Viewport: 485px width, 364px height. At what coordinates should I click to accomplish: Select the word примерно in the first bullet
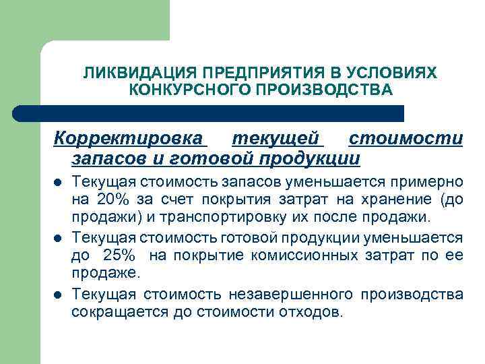pyautogui.click(x=432, y=182)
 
